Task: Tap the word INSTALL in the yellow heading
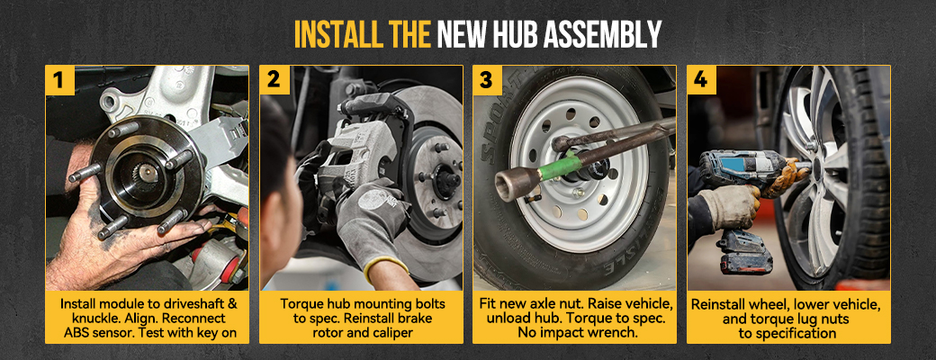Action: (331, 34)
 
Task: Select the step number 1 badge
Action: (59, 79)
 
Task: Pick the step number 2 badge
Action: (274, 79)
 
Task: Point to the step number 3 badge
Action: (487, 79)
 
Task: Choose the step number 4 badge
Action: (701, 79)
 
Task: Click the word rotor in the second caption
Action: (328, 332)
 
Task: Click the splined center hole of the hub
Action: (146, 173)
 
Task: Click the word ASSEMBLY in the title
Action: (611, 34)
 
